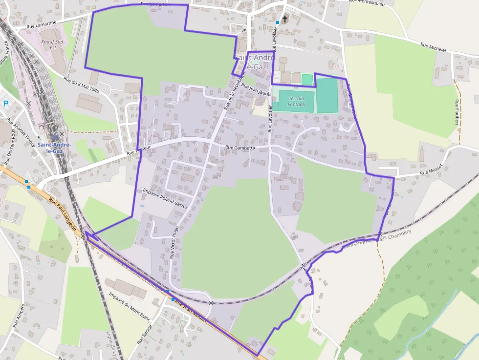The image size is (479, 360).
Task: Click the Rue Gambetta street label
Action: pyautogui.click(x=240, y=147)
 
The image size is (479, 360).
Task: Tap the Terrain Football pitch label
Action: pyautogui.click(x=296, y=101)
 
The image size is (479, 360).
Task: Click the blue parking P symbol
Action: pyautogui.click(x=6, y=103)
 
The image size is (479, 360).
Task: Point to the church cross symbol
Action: pyautogui.click(x=285, y=20)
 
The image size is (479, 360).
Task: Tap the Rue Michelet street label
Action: pyautogui.click(x=434, y=47)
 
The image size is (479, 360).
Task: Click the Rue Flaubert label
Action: pyautogui.click(x=457, y=112)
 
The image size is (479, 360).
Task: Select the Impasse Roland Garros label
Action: pyautogui.click(x=165, y=199)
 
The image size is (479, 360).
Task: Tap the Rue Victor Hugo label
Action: pyautogui.click(x=174, y=241)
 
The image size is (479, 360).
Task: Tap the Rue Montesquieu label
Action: pyautogui.click(x=368, y=2)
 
